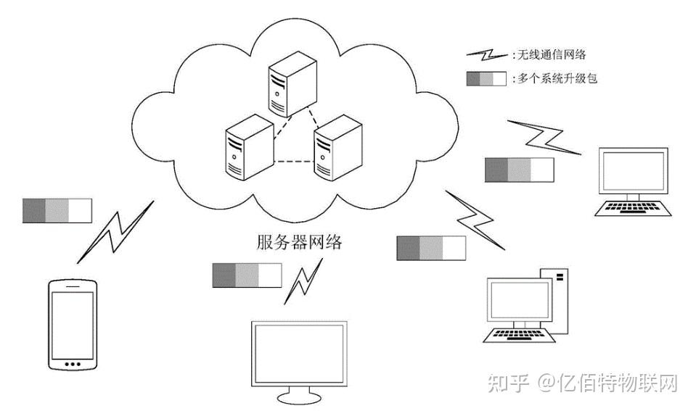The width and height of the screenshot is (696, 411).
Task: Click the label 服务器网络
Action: [x=299, y=241]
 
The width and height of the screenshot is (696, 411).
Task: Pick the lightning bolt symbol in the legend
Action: [x=487, y=55]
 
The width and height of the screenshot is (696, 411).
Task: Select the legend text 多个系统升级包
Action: [x=557, y=78]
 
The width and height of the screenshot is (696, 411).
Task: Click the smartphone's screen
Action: [x=71, y=320]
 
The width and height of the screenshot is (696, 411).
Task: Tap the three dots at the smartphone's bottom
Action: [x=71, y=363]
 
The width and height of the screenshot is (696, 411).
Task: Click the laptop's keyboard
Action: [x=631, y=208]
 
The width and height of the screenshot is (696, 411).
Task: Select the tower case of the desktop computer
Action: [x=554, y=301]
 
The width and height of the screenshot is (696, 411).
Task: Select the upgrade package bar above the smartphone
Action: [x=57, y=209]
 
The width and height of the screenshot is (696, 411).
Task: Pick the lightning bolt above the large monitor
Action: [x=303, y=280]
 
